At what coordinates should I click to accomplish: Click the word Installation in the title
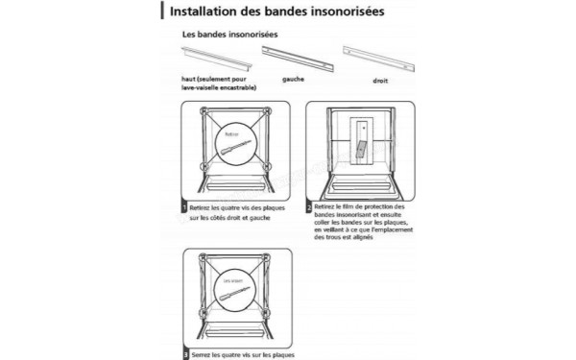(x=205, y=13)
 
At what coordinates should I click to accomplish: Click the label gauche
(x=293, y=81)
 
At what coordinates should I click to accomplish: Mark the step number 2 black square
(x=308, y=206)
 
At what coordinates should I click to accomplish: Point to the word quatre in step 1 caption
(x=231, y=206)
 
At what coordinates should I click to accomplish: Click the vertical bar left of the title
(x=160, y=13)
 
